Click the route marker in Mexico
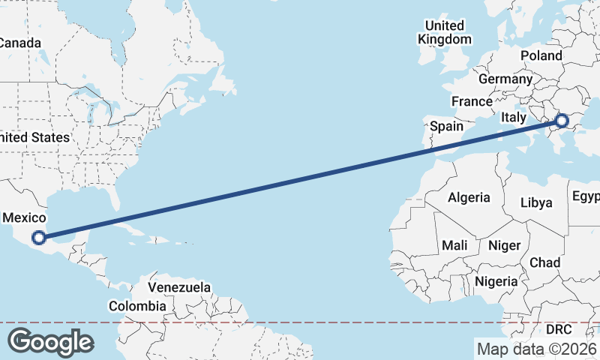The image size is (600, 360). point(38,238)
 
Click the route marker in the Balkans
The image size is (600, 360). point(562,121)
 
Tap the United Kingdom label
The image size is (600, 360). point(445,33)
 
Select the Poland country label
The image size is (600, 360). point(541,55)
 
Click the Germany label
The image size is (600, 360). point(505,79)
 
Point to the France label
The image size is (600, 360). point(472,101)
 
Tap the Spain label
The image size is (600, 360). point(446,126)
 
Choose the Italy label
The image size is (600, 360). point(514,117)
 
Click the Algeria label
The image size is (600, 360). point(469,198)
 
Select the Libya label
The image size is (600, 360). point(536,202)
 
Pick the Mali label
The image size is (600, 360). point(454,245)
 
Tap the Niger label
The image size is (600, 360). point(504,245)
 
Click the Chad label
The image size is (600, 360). point(544,262)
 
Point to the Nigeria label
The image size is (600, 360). point(496,281)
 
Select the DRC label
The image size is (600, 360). point(558,329)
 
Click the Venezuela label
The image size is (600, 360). point(179,287)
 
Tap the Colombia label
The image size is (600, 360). point(137,306)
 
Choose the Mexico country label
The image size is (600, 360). point(25,217)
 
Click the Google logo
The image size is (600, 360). point(50,342)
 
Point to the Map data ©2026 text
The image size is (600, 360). point(536,349)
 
